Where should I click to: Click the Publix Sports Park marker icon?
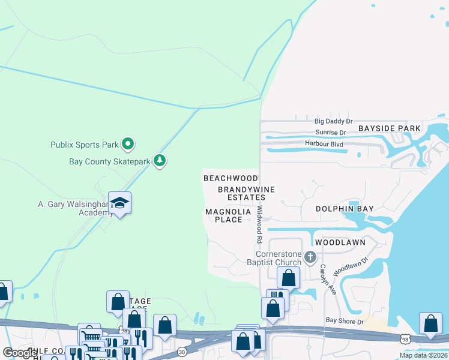click(x=127, y=144)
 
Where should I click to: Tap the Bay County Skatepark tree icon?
click(x=159, y=161)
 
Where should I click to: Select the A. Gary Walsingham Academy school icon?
click(x=120, y=203)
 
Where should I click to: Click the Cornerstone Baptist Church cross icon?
click(x=310, y=257)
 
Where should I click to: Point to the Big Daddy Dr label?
click(x=333, y=121)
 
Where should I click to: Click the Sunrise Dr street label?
click(x=331, y=133)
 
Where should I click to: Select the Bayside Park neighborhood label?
click(x=390, y=128)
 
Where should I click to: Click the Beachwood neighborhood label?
click(x=231, y=178)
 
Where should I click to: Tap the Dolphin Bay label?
click(x=345, y=209)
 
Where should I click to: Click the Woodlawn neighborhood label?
click(x=340, y=242)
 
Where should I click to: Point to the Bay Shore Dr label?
click(x=345, y=322)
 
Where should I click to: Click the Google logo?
click(x=19, y=353)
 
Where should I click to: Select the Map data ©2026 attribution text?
click(x=423, y=355)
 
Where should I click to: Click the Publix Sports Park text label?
click(x=84, y=145)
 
